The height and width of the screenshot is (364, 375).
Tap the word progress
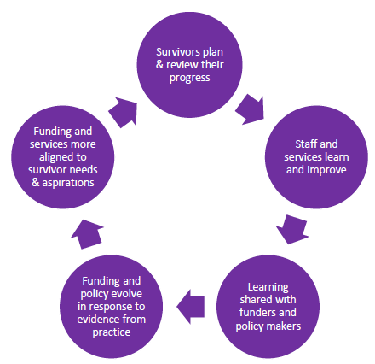(189, 78)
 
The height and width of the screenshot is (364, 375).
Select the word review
(182, 65)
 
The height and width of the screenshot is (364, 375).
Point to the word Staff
(305, 144)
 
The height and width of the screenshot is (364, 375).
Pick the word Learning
(268, 287)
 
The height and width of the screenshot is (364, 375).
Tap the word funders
(257, 313)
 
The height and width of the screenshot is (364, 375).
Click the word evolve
(127, 294)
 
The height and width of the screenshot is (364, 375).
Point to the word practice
(112, 332)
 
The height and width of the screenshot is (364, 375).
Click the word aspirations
(68, 183)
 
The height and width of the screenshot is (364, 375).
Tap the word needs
(84, 170)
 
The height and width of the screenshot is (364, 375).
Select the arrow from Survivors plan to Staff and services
(250, 110)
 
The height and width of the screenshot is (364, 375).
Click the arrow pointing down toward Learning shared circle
(292, 230)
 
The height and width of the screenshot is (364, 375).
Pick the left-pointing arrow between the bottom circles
(190, 307)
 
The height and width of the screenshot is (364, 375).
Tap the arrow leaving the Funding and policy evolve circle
(87, 234)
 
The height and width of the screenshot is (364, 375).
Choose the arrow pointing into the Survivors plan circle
(123, 112)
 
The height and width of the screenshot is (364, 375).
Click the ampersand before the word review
(159, 65)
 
